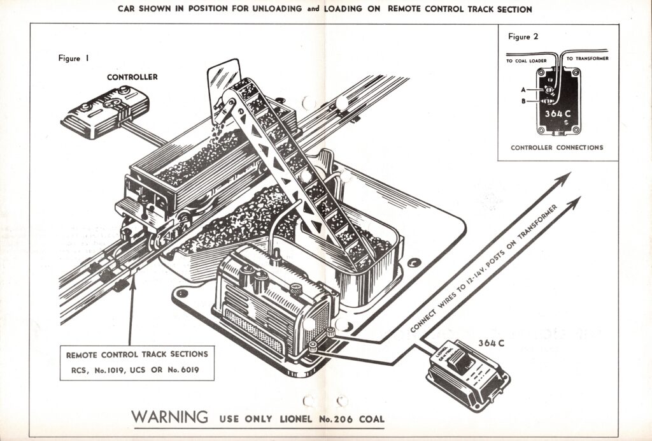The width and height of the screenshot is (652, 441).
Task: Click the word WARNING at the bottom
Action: (170, 417)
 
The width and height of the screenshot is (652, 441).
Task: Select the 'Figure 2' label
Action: (523, 36)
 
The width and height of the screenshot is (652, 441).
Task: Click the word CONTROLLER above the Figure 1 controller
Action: (132, 77)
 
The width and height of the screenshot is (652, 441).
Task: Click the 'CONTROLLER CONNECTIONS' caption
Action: (557, 148)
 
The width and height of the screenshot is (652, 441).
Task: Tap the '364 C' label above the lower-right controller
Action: (492, 344)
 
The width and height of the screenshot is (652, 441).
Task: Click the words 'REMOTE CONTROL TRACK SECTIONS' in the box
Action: (137, 353)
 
